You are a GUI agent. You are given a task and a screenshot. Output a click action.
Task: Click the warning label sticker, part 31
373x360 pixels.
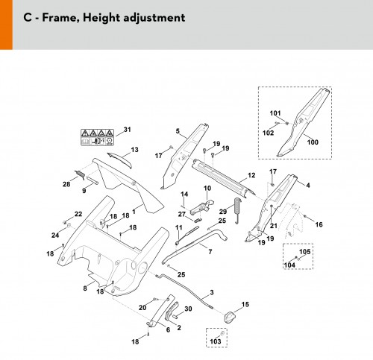pyautogui.click(x=97, y=137)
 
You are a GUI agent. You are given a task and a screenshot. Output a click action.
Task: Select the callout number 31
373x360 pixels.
pyautogui.click(x=127, y=130)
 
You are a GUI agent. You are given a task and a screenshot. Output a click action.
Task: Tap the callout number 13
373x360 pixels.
pyautogui.click(x=134, y=150)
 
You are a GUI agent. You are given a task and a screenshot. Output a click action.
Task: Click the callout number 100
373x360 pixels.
pyautogui.click(x=313, y=142)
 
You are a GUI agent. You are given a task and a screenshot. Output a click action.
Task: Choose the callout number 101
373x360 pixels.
pyautogui.click(x=275, y=113)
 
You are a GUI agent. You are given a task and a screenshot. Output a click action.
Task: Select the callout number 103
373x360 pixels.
pyautogui.click(x=216, y=341)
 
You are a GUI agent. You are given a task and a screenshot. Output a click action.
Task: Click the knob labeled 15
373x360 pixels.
pyautogui.click(x=229, y=317)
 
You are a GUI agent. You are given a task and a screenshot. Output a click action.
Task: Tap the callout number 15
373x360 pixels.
pyautogui.click(x=245, y=304)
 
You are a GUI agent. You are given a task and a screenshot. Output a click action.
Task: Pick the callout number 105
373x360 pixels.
pyautogui.click(x=305, y=252)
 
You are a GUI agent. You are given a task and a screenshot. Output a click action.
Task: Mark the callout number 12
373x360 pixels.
pyautogui.click(x=251, y=175)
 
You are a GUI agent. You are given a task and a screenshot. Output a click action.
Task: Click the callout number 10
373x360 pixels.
pyautogui.click(x=207, y=188)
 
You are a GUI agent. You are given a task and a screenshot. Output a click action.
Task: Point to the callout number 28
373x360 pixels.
pyautogui.click(x=66, y=184)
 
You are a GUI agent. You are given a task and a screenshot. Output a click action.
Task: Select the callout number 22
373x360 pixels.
pyautogui.click(x=78, y=214)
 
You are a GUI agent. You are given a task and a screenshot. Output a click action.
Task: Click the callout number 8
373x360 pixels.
pyautogui.click(x=85, y=288)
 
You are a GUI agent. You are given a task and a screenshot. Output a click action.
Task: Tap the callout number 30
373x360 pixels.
pyautogui.click(x=188, y=309)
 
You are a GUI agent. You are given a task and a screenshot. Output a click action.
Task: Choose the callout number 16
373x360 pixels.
pyautogui.click(x=319, y=224)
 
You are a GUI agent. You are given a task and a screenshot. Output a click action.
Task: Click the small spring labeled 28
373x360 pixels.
pyautogui.click(x=80, y=174)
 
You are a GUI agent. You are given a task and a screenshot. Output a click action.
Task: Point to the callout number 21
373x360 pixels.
pyautogui.click(x=274, y=226)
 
